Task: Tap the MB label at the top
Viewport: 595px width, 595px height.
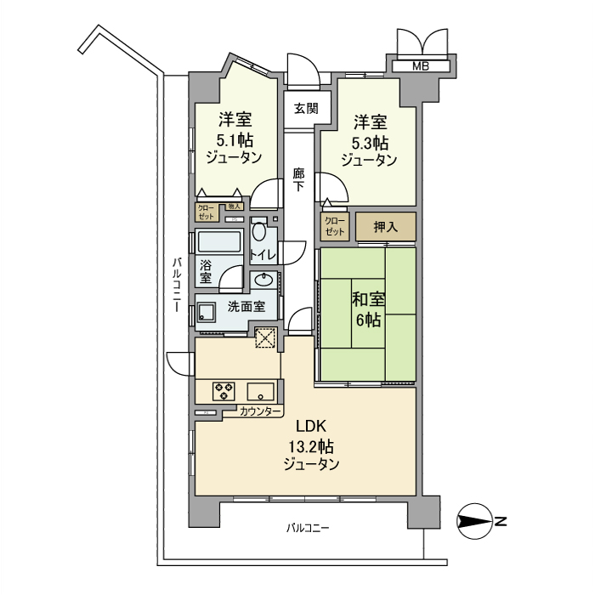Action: coord(420,66)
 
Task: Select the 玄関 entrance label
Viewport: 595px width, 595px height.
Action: coord(306,108)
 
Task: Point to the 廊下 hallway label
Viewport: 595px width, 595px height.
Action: coord(298,179)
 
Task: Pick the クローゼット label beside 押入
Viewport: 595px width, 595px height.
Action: coord(335,227)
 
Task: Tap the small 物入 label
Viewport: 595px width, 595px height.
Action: coord(235,206)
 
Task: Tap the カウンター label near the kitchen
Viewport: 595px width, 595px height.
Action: coord(260,411)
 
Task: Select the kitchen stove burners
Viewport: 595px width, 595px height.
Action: coord(224,391)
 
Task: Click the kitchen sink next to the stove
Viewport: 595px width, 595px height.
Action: coord(260,391)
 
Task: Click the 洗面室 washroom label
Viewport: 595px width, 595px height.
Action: coord(244,307)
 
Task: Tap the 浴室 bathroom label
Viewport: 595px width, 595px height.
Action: coord(206,271)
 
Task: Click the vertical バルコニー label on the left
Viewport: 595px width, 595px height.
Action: coord(174,286)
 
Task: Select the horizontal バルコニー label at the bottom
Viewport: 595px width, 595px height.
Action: coord(307,529)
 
